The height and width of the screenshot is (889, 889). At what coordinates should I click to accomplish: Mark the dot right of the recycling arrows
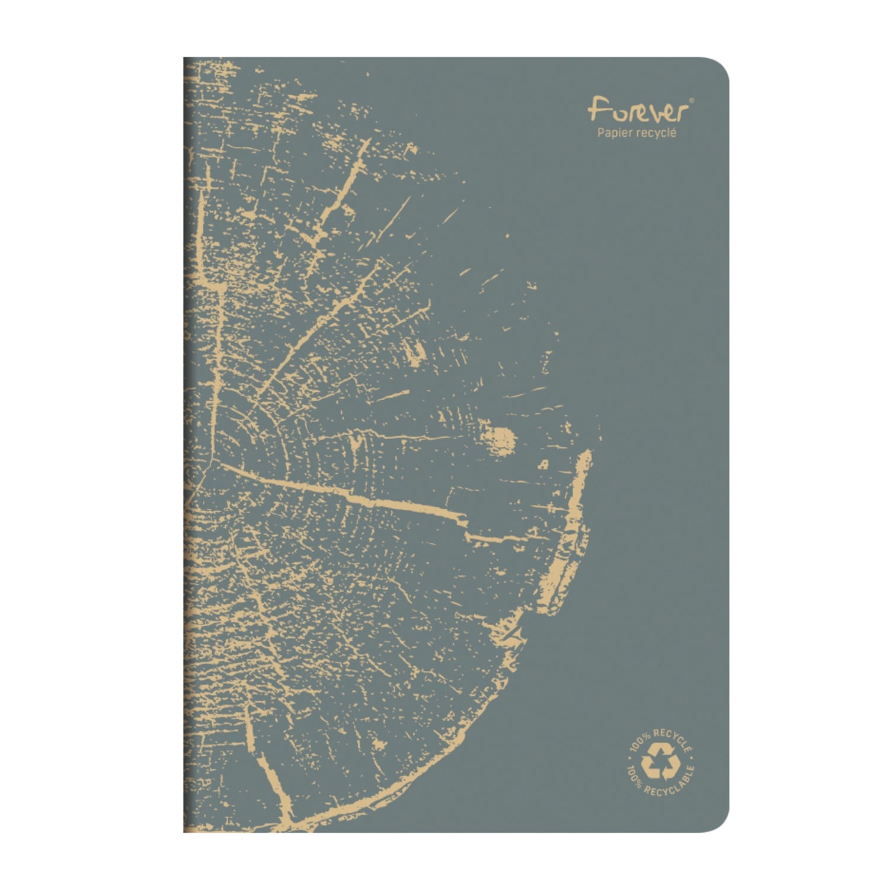[x=691, y=757]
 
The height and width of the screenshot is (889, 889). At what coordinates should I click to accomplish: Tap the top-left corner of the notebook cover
[x=185, y=59]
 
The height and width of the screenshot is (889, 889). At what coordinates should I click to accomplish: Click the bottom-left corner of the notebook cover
[x=185, y=831]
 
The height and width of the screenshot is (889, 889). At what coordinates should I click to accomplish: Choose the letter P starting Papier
[x=600, y=133]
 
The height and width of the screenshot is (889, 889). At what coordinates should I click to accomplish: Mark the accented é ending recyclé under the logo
[x=673, y=133]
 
